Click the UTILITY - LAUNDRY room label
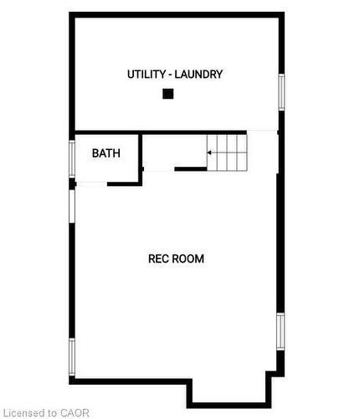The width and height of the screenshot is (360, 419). tap(175, 75)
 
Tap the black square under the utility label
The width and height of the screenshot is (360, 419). tap(167, 94)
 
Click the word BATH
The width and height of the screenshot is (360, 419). tap(105, 153)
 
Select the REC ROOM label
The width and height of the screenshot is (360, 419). tap(176, 259)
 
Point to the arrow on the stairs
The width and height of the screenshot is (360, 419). tap(213, 153)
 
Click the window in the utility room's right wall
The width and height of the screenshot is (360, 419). tap(281, 92)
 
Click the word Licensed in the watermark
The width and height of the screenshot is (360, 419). tap(23, 412)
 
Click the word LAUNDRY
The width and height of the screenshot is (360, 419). tap(200, 75)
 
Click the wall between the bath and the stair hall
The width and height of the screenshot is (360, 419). tap(141, 155)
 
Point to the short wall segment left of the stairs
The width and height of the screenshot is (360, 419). tap(190, 169)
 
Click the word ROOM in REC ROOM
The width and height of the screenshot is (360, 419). tap(189, 259)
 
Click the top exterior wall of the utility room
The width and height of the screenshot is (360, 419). tap(176, 14)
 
